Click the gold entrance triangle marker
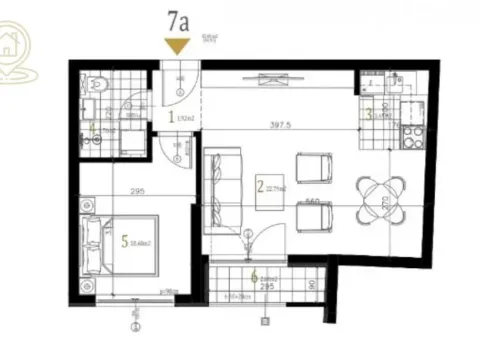178,45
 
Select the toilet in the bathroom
91,84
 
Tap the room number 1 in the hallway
171,117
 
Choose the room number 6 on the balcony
254,278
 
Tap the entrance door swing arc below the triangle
178,84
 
